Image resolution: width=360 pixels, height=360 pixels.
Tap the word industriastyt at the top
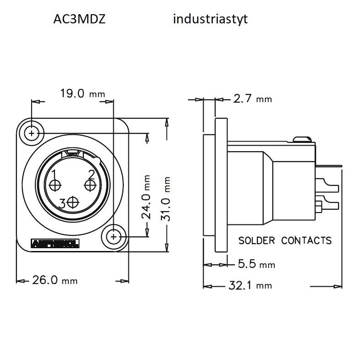210,20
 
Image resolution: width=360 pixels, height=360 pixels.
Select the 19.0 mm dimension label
83,94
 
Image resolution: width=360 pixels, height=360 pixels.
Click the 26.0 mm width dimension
55,280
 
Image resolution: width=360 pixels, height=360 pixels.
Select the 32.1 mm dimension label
250,286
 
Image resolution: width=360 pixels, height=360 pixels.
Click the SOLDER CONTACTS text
285,240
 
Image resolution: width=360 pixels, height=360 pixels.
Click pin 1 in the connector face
55,185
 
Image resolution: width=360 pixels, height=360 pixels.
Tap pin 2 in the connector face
90,185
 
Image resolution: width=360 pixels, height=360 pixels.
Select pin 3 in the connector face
72,202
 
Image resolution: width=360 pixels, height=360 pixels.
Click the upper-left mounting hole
32,133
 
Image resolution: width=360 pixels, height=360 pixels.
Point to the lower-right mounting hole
113,236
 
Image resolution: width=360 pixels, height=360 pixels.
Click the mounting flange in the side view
221,183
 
